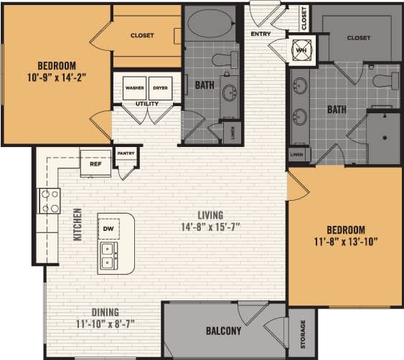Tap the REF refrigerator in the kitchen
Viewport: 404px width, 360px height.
95,163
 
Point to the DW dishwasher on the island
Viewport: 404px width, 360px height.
109,229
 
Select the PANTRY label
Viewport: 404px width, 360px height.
126,153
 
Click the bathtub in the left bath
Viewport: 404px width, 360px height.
211,23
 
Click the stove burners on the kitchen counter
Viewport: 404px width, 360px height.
50,201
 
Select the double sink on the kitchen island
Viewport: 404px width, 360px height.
109,256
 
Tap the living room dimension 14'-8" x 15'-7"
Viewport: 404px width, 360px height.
212,227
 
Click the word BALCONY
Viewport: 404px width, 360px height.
223,331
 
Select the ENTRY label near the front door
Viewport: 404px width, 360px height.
260,34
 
